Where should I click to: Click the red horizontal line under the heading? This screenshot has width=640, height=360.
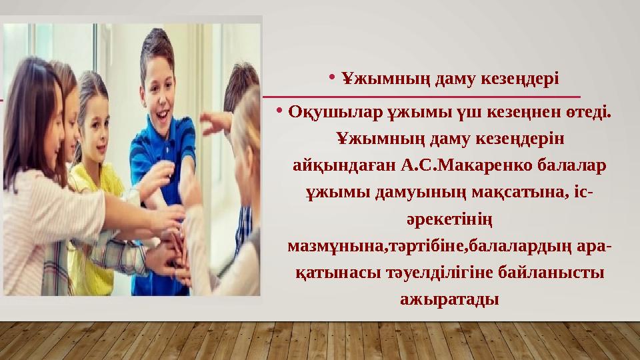tap(427, 97)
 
